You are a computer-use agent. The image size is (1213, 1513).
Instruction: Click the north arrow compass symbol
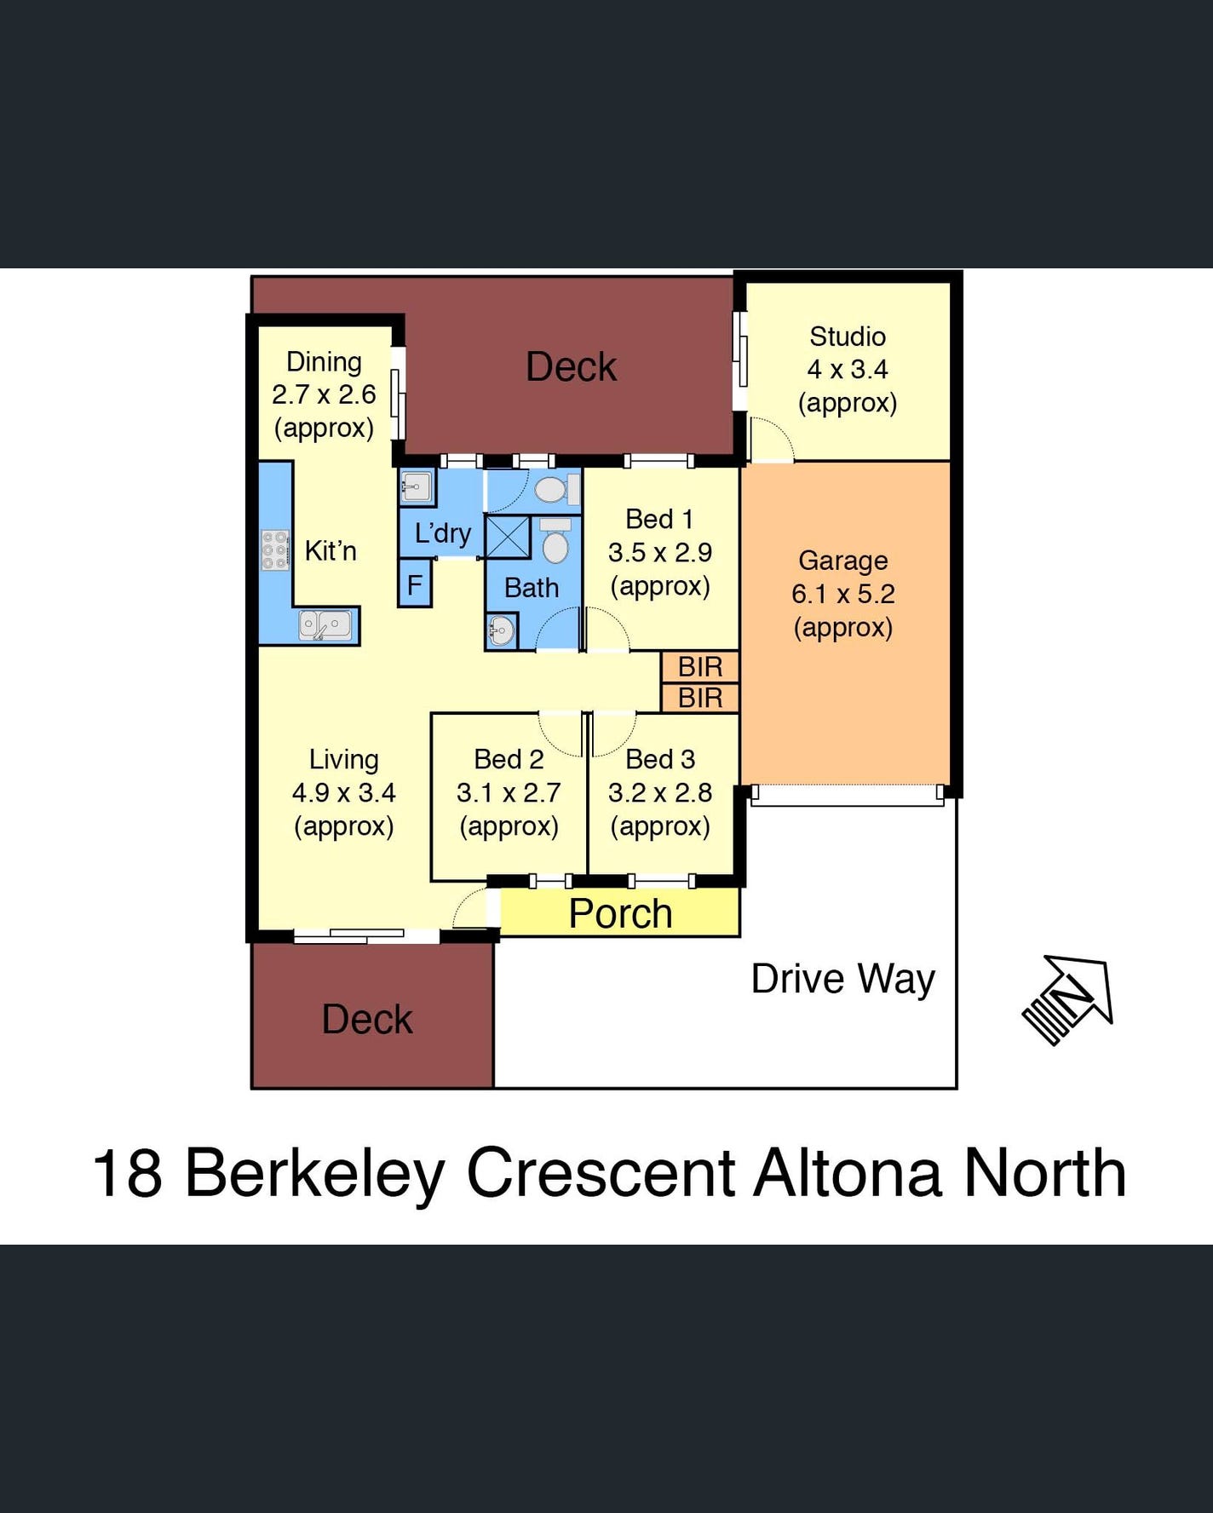click(x=1069, y=998)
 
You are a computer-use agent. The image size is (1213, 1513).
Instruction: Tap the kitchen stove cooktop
click(x=274, y=550)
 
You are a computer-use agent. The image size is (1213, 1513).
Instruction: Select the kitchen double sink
click(x=325, y=625)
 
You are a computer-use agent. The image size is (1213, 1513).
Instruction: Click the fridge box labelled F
click(x=415, y=584)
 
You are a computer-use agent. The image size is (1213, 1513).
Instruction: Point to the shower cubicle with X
click(x=508, y=538)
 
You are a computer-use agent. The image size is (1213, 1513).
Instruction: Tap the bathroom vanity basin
click(x=500, y=633)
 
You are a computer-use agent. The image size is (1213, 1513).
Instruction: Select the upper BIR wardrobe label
click(x=700, y=666)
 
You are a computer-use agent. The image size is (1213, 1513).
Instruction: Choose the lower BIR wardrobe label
click(x=700, y=698)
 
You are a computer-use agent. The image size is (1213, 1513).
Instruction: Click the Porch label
click(x=620, y=913)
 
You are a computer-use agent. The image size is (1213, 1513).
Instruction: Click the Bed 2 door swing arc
click(x=560, y=733)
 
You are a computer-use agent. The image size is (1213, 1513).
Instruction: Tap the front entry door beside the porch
click(x=470, y=909)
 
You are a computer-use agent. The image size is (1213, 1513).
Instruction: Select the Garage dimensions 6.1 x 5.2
click(x=842, y=594)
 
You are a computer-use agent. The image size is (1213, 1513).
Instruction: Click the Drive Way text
click(x=842, y=979)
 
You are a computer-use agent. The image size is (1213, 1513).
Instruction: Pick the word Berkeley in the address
click(x=314, y=1174)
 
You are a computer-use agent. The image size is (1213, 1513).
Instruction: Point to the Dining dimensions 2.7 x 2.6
click(x=324, y=394)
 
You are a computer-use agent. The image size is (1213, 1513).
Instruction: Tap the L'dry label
click(x=442, y=533)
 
